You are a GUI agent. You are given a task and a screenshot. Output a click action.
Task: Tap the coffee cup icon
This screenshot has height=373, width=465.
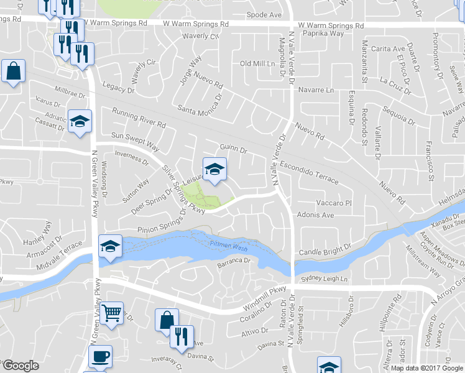point(100,357)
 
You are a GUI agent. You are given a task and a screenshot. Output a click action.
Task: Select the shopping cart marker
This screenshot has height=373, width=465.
point(112,313)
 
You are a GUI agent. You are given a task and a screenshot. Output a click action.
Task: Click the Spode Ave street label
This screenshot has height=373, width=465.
point(264,14)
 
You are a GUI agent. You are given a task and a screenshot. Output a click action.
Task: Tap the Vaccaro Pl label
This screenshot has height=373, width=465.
point(334,203)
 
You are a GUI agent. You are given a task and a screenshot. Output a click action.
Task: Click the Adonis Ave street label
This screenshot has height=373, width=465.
point(316,216)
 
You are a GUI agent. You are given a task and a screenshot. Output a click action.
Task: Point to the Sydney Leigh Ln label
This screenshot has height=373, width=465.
point(324,280)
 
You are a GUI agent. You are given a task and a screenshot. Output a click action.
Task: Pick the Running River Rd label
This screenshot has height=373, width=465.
point(139,117)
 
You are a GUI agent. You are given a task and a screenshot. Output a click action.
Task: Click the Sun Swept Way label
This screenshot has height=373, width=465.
point(135,141)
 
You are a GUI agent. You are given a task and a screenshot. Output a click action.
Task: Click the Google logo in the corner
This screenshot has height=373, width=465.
point(21,366)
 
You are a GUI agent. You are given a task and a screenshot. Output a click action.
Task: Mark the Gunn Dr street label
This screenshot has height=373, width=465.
point(234,149)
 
